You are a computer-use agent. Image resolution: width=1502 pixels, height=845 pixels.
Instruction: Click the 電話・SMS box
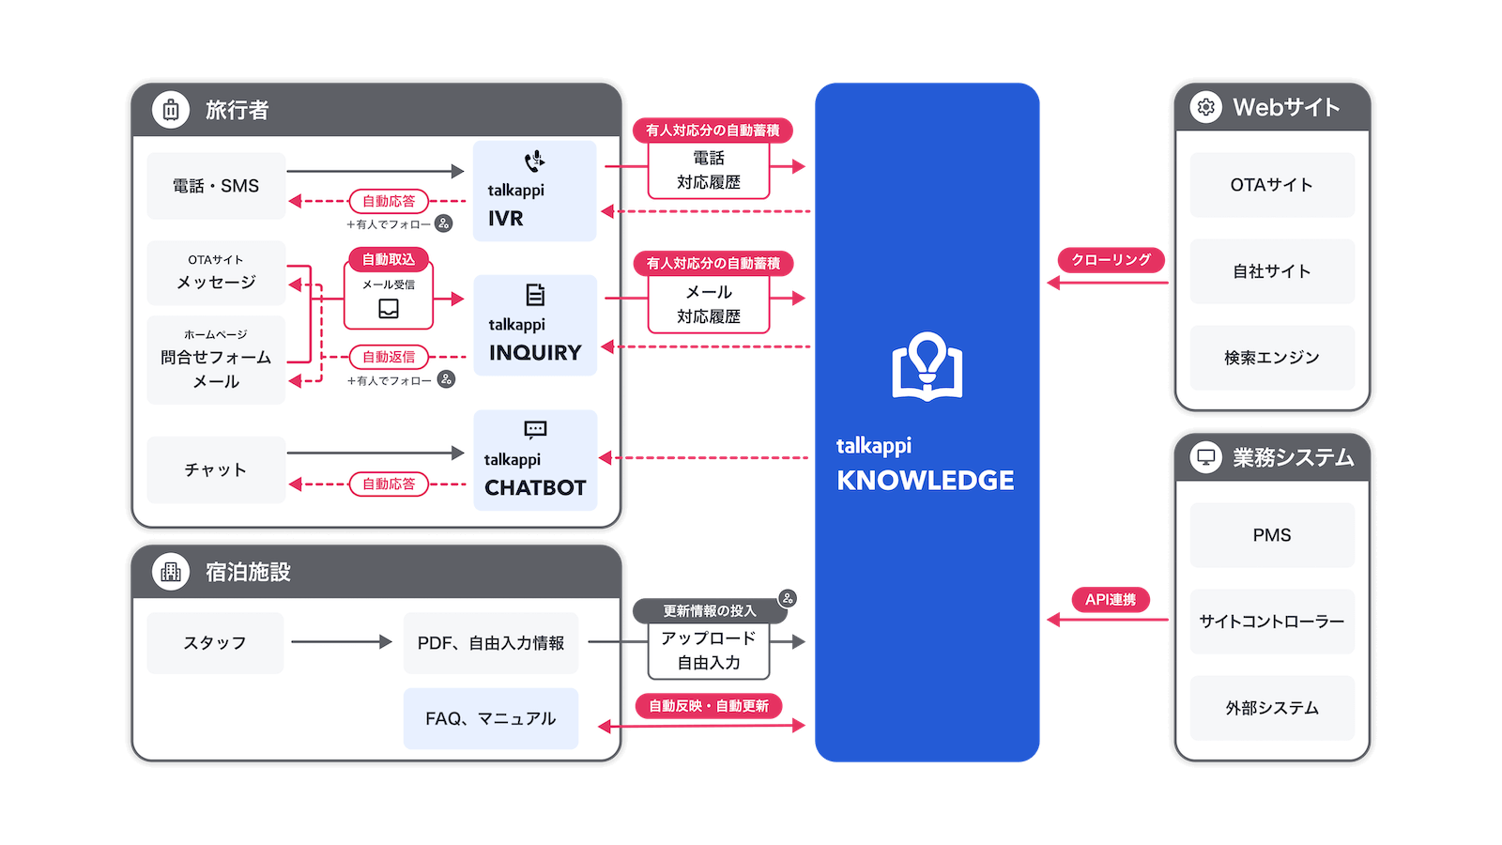click(216, 186)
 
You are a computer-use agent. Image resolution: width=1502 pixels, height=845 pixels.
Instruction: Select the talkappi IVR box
click(534, 192)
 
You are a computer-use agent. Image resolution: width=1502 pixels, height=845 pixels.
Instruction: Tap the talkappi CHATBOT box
click(535, 460)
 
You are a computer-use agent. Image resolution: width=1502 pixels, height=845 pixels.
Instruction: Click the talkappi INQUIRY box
click(535, 325)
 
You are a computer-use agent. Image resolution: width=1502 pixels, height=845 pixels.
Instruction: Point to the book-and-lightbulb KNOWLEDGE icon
click(927, 367)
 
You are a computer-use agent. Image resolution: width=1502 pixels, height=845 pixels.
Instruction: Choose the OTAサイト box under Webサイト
click(1271, 185)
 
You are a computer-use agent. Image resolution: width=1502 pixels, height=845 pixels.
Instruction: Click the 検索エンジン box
click(1271, 358)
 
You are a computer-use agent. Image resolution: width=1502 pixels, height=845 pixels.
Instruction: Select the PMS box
click(1271, 535)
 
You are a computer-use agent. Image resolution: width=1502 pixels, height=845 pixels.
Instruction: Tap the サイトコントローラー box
click(1271, 622)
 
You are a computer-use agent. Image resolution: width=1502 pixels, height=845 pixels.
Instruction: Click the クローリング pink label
click(1111, 260)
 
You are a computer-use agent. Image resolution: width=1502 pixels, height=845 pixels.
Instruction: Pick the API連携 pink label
click(1111, 600)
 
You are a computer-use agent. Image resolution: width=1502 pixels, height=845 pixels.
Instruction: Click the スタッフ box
click(215, 643)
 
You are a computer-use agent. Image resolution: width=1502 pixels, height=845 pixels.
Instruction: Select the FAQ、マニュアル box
click(490, 718)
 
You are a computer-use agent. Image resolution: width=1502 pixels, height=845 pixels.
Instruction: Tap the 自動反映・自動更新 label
click(709, 706)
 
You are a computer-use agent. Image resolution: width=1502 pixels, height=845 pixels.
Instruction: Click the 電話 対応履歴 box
click(709, 171)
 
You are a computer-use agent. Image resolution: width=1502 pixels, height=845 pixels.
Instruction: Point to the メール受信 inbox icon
click(389, 309)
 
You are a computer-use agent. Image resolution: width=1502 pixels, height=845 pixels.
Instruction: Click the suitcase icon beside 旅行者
click(171, 110)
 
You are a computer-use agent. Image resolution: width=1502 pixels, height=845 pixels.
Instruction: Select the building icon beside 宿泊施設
click(171, 572)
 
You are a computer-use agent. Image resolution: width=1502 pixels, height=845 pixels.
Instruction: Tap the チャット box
click(216, 469)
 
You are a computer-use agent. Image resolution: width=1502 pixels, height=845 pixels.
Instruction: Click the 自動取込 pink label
click(389, 260)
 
